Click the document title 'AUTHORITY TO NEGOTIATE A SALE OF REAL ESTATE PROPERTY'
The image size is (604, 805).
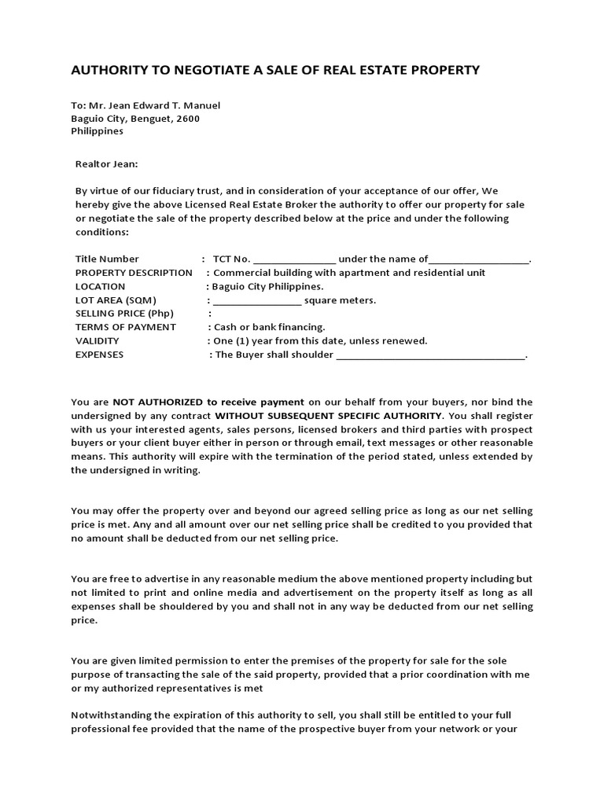(275, 71)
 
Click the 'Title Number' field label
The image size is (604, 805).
(107, 259)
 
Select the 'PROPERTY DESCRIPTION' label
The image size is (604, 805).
(134, 273)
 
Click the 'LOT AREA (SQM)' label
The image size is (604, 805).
(116, 300)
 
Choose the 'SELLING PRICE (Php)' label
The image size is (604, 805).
(124, 314)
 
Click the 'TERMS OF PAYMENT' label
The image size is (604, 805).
(126, 327)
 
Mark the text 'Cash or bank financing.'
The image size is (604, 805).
(269, 327)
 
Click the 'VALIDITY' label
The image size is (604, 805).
(98, 340)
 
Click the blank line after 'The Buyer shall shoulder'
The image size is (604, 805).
(430, 356)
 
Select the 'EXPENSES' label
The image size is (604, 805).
(99, 355)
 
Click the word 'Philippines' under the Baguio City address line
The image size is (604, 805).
(98, 131)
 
